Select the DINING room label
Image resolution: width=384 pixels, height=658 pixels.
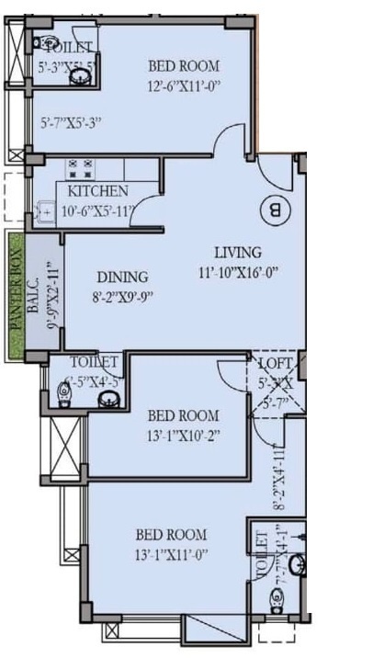click(x=123, y=277)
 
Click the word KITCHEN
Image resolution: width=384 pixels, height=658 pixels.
click(x=98, y=191)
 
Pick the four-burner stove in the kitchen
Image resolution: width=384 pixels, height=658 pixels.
click(x=81, y=168)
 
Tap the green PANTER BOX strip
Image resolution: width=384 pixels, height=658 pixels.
click(x=15, y=293)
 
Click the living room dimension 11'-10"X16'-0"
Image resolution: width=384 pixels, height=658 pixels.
click(x=238, y=272)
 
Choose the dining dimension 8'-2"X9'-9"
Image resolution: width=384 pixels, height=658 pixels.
click(x=123, y=297)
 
